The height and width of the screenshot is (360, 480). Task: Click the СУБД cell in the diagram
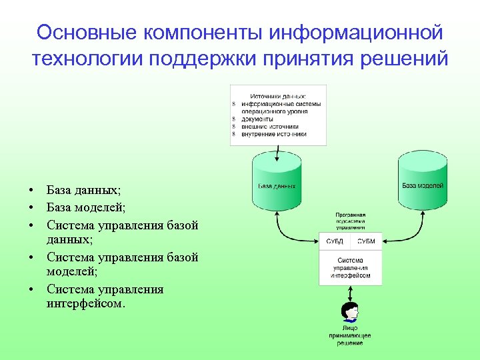coord(335,241)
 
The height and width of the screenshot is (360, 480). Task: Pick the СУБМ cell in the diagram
coord(366,241)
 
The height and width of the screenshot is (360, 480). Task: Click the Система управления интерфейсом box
coord(350,267)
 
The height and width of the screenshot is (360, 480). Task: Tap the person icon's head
coord(349,311)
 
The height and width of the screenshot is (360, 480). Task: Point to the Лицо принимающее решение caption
coord(350,335)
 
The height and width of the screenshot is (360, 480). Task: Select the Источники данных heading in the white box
coord(279,96)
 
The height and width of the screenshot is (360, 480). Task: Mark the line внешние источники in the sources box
coord(270,126)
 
